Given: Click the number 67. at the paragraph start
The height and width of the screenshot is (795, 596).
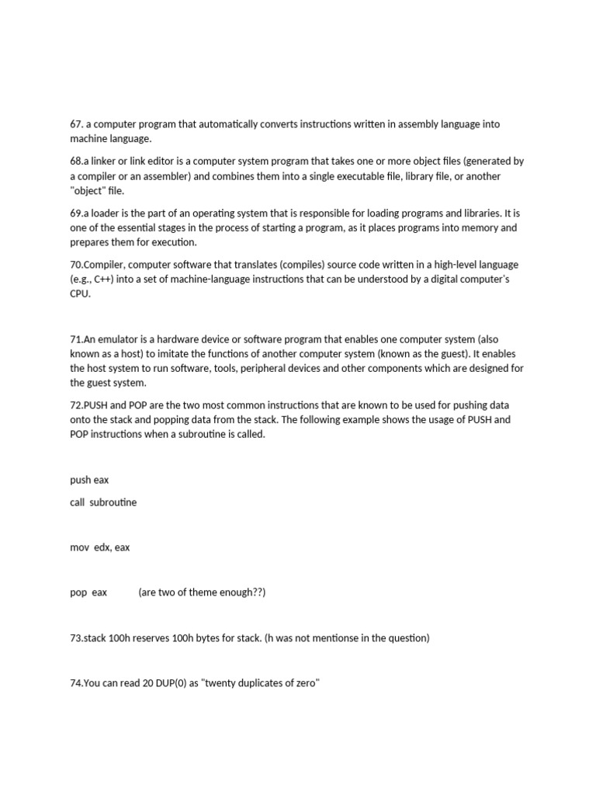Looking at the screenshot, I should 77,124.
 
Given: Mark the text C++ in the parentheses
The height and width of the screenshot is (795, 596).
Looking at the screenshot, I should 102,279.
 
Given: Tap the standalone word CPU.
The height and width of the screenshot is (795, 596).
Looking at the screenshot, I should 80,294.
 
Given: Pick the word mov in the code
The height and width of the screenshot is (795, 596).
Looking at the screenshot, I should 79,547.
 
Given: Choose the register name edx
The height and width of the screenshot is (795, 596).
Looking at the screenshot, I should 102,547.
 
